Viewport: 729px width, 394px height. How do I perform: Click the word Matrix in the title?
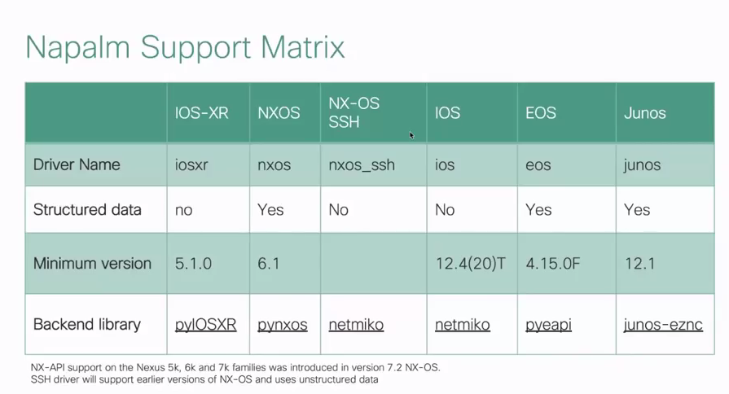click(303, 47)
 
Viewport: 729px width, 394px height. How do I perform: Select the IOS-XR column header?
click(202, 113)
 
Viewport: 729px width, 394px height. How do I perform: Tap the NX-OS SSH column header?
click(354, 112)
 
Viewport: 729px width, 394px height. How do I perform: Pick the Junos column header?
click(645, 113)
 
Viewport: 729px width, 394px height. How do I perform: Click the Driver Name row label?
click(77, 164)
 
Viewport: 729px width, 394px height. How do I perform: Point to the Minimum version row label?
click(92, 264)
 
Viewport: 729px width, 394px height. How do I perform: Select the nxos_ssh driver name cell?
click(362, 165)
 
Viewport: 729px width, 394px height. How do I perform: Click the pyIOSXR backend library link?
click(205, 324)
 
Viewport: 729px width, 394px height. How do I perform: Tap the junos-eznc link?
click(663, 324)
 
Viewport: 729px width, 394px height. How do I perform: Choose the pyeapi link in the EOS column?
click(549, 324)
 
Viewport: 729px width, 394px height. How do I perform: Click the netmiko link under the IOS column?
click(463, 324)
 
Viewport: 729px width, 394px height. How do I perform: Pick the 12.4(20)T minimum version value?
click(470, 264)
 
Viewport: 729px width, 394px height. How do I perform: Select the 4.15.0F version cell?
click(553, 264)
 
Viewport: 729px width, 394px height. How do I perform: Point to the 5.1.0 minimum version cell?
click(193, 264)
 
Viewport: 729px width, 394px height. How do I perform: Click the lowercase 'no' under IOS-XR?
click(183, 210)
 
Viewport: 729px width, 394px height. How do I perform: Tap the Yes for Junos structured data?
click(637, 209)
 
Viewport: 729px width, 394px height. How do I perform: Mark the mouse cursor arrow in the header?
click(411, 135)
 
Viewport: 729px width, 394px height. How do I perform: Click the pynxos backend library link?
click(283, 324)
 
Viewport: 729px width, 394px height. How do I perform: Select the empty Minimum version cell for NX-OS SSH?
click(373, 264)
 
